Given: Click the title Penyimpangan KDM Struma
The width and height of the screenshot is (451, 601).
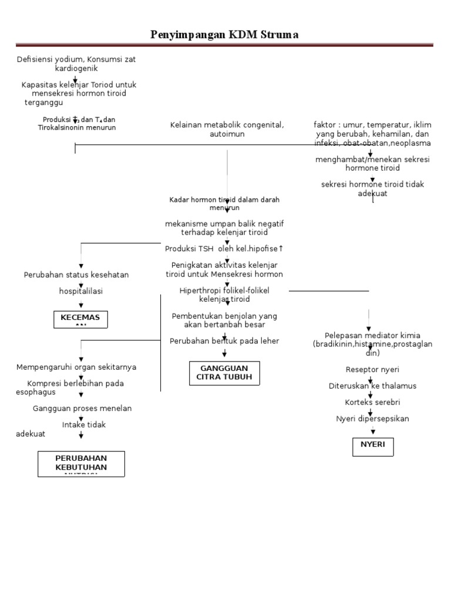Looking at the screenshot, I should pos(225,35).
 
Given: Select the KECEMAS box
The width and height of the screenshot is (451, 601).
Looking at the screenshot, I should pos(80,319).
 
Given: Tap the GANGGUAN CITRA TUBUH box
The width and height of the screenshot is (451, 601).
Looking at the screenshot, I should pos(224,373).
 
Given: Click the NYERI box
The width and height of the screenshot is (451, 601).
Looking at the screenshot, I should pos(373,446).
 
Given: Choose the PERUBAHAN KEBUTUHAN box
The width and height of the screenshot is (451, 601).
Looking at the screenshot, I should pos(82,464).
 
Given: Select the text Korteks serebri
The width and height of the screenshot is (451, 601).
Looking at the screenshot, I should pos(372,402).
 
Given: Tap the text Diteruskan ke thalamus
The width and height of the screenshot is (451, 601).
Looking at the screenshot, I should pos(372,386).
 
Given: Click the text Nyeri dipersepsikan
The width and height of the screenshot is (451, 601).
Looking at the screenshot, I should pos(372,418).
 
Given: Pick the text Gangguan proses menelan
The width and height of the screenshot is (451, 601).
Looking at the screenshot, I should pos(82,408).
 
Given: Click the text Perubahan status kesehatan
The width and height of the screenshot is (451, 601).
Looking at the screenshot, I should pos(76,275).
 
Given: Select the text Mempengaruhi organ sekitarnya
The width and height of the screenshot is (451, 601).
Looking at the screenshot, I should pos(76,367).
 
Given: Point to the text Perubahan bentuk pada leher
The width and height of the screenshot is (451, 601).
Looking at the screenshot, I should pos(224,340).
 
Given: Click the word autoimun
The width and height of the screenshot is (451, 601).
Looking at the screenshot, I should pos(227,134).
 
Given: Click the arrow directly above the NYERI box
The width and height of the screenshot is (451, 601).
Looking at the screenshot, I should pos(373,431).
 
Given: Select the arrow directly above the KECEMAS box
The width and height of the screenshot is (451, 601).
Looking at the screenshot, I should pos(81,305).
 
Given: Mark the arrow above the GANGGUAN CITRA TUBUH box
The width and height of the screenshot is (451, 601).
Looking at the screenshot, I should pos(224,353).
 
